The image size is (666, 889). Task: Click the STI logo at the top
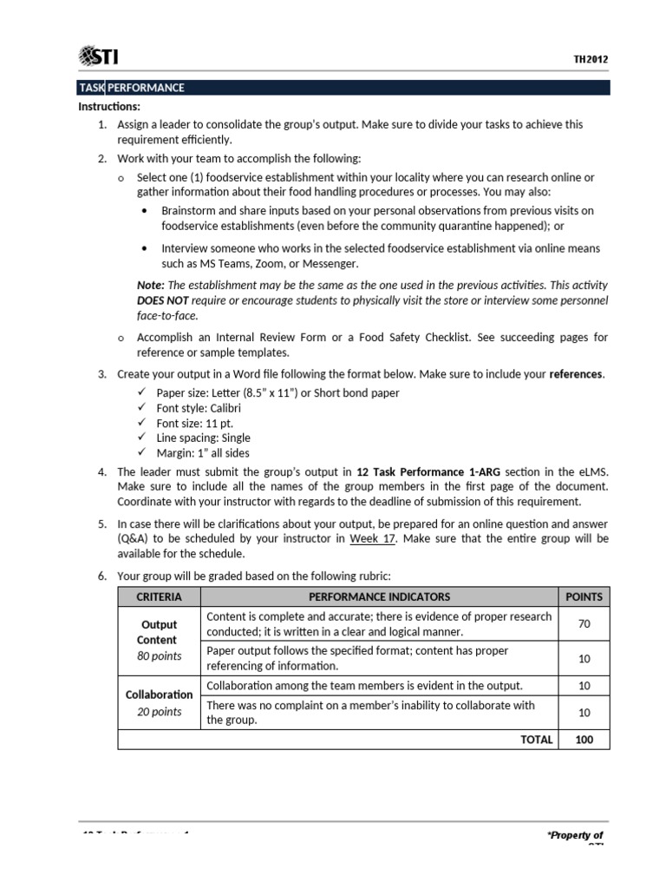(x=98, y=57)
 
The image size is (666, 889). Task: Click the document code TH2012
(x=591, y=60)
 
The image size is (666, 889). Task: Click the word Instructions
(x=109, y=106)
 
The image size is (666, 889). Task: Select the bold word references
(x=578, y=373)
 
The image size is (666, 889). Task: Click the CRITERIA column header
(x=159, y=597)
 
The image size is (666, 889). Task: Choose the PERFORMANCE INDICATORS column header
(x=379, y=597)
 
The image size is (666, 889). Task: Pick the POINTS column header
(x=584, y=597)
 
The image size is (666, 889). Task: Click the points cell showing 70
(x=584, y=624)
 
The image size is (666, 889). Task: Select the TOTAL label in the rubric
(x=536, y=740)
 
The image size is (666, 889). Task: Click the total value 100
(x=584, y=740)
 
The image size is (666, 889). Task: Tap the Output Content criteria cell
(x=159, y=641)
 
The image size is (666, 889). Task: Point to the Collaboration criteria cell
(x=159, y=702)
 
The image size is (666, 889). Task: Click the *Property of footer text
(x=574, y=835)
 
